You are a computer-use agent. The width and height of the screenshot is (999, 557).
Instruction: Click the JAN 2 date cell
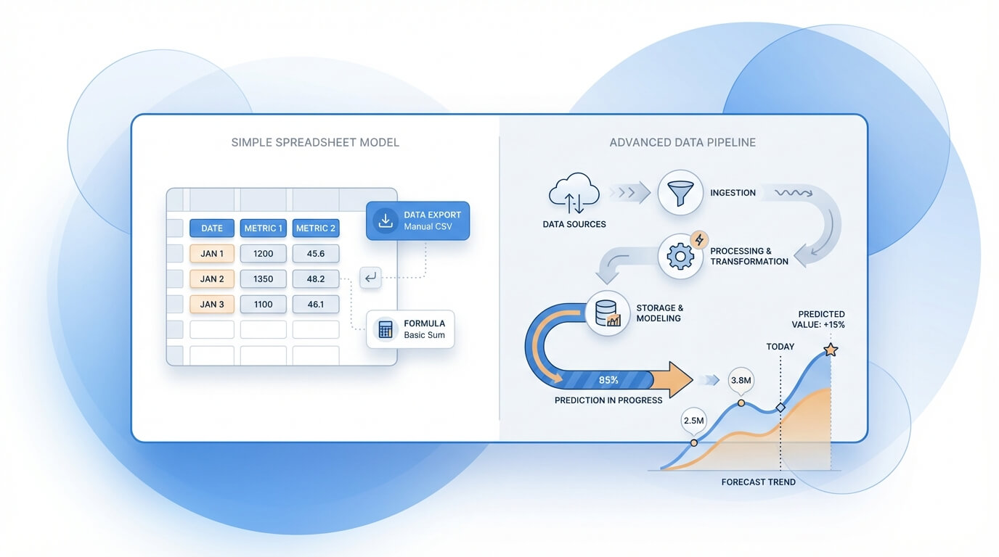212,278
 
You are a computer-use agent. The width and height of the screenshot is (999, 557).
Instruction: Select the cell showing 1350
264,278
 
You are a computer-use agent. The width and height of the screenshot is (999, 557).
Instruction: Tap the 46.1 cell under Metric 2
316,304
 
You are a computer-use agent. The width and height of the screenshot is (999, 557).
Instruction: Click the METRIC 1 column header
264,228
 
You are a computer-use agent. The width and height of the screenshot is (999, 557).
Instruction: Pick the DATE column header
212,228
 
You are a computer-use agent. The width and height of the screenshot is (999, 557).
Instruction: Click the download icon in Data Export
385,220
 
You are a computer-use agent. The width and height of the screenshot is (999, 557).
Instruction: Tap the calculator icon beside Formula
385,329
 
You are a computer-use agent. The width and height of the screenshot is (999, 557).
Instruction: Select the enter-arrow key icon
370,277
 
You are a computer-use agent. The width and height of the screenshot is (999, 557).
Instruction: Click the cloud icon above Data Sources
574,192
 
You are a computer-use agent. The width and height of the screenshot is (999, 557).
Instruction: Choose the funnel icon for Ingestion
680,193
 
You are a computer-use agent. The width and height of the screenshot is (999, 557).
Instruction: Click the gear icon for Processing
680,257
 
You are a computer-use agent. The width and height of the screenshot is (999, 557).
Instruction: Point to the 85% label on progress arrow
608,379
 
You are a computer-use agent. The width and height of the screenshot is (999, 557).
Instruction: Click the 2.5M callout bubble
694,420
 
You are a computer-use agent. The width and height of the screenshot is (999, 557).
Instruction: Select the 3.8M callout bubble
741,380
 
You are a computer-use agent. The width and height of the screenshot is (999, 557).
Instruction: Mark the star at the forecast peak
831,350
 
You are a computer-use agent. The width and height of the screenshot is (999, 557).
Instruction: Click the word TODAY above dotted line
780,347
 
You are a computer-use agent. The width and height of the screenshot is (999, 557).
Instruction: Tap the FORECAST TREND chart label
758,482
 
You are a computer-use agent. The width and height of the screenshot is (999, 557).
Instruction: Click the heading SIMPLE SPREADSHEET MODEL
315,142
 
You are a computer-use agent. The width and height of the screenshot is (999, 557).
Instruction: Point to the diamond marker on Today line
780,408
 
